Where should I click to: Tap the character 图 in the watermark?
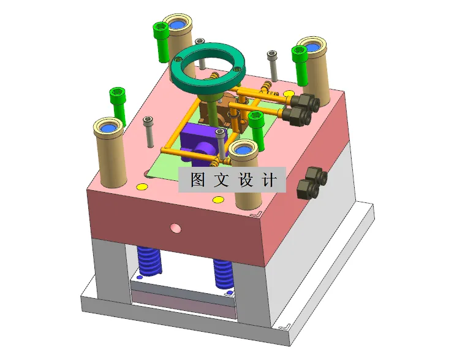197,180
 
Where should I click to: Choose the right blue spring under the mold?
223,274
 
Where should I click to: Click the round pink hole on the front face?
176,228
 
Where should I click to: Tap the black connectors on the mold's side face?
310,183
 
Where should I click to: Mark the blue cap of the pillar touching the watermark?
244,149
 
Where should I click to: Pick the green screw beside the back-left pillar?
161,42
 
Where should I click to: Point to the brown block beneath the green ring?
228,107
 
